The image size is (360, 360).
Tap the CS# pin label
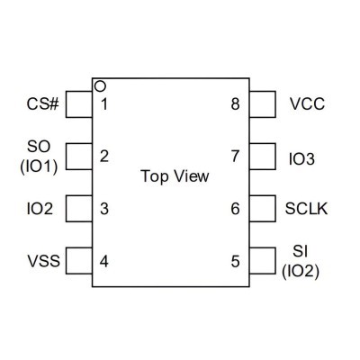tap(43, 104)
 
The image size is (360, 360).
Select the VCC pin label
tap(307, 104)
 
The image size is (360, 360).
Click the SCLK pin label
tap(306, 209)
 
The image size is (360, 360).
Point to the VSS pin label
tap(44, 261)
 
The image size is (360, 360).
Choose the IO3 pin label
tap(301, 159)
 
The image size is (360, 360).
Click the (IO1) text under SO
tap(39, 166)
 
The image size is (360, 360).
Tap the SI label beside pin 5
tap(301, 251)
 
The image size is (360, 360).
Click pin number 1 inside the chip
tap(104, 104)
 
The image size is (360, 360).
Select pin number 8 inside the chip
tap(236, 104)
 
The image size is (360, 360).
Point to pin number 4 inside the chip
tap(104, 261)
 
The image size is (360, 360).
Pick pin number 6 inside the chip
tap(236, 209)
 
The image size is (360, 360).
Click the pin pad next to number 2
tap(79, 157)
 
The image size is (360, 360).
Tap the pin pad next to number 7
tap(263, 157)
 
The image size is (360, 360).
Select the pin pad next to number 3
tap(79, 209)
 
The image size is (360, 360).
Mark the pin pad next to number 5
tap(263, 261)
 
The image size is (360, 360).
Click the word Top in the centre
tap(155, 177)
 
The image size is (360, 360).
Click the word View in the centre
tap(192, 176)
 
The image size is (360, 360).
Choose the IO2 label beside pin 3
tap(40, 209)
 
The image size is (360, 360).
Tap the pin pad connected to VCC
tap(263, 104)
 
